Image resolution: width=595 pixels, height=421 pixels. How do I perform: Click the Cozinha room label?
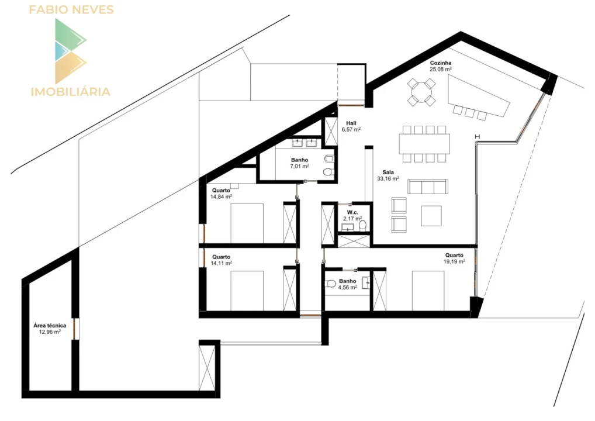[x=441, y=63]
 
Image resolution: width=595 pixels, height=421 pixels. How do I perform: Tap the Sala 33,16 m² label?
[x=388, y=175]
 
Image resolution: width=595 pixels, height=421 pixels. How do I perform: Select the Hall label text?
[x=351, y=123]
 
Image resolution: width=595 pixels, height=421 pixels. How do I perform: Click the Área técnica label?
[x=50, y=325]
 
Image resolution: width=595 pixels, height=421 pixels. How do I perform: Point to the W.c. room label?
[x=352, y=213]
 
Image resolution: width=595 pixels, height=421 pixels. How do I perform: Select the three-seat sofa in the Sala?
[x=428, y=187]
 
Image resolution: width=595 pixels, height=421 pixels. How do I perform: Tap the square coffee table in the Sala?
[x=431, y=216]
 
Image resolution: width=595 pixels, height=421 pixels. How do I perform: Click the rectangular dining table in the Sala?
[x=424, y=143]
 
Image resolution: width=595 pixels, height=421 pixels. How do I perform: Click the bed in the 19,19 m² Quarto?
[x=428, y=291]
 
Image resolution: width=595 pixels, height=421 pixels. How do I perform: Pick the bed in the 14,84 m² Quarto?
[x=247, y=223]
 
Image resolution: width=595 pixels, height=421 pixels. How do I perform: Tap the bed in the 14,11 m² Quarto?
[x=247, y=291]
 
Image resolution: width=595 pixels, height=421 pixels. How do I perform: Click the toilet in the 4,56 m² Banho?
[x=330, y=283]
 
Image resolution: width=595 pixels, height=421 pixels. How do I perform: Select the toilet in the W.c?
[x=363, y=225]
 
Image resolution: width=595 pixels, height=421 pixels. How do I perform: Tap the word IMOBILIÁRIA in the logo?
[x=71, y=91]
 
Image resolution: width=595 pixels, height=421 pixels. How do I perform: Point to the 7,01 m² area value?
[x=299, y=166]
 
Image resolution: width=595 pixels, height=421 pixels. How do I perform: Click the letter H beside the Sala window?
[x=478, y=137]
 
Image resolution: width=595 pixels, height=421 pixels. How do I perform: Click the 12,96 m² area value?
[x=50, y=332]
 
